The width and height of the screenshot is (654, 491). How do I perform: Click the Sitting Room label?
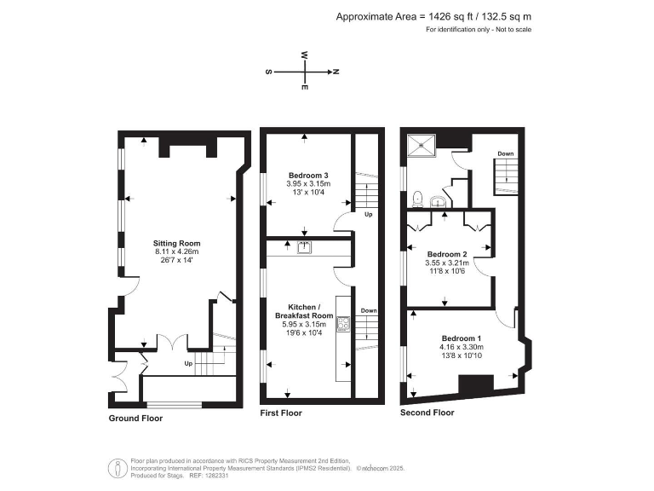tap(176, 243)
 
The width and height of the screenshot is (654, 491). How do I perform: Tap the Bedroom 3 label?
tap(308, 175)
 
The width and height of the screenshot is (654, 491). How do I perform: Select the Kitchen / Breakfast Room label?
tap(305, 310)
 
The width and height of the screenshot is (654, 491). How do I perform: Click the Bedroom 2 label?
tap(447, 254)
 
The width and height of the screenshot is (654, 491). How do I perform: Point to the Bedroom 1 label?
tap(461, 338)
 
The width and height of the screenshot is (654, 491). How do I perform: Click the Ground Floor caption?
tap(135, 419)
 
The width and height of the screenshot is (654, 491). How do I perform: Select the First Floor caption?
tap(281, 413)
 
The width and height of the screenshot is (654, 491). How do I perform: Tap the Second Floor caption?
tap(427, 413)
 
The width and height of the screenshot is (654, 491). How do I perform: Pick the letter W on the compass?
tap(304, 55)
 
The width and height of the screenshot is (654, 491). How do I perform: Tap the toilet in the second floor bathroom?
tap(416, 199)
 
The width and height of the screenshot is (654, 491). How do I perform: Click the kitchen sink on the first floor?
tap(304, 248)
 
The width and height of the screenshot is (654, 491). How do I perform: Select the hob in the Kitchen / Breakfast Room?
tap(343, 323)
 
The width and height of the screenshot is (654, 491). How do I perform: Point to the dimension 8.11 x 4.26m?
tap(176, 252)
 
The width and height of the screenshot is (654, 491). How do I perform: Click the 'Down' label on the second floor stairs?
tap(505, 154)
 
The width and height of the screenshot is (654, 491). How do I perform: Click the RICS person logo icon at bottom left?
tap(116, 468)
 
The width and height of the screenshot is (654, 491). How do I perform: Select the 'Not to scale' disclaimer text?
tap(513, 31)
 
